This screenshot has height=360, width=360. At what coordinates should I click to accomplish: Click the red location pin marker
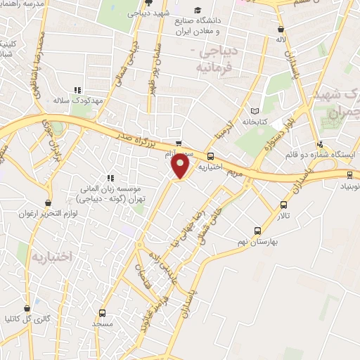pyautogui.click(x=181, y=166)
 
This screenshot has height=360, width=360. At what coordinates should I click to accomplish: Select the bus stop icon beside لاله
pyautogui.click(x=281, y=30)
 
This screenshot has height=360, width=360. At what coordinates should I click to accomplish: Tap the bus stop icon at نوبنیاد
pyautogui.click(x=350, y=174)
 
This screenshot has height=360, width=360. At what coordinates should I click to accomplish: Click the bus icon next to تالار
pyautogui.click(x=283, y=205)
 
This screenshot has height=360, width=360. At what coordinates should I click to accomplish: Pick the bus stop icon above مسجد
pyautogui.click(x=103, y=314)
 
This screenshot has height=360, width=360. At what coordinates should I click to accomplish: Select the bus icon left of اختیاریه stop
pyautogui.click(x=210, y=156)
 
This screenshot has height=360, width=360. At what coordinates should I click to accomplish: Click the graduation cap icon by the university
pyautogui.click(x=200, y=10)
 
